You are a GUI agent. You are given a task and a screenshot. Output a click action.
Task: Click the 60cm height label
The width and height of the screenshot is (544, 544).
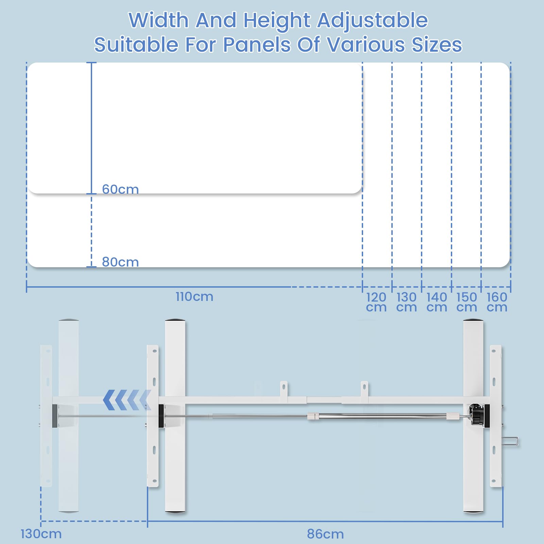pos(120,189)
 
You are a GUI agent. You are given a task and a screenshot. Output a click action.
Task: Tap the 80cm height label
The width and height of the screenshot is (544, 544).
pos(120,262)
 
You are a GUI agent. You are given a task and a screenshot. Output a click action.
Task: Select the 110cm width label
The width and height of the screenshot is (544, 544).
pos(194,296)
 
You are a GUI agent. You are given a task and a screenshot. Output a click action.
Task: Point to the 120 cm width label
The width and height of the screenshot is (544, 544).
pos(376,302)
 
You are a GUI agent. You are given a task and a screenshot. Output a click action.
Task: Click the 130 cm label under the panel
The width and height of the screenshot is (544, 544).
pos(406,302)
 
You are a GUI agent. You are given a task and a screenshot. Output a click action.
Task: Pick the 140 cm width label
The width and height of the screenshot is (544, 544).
pos(437,302)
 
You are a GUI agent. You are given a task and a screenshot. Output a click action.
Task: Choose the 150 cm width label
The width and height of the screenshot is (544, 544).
pos(466,302)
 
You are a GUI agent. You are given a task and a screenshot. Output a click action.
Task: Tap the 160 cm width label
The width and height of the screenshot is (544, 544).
pos(497,302)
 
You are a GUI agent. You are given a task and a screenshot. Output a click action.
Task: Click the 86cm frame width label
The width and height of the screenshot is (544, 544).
pos(325,534)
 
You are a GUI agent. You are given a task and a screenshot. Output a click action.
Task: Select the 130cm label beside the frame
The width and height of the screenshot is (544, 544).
pos(41,534)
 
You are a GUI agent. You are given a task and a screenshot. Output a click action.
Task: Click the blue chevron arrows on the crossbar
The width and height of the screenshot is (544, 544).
pos(127,400)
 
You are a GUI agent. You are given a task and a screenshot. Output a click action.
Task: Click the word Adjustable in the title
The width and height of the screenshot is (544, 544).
pos(372,21)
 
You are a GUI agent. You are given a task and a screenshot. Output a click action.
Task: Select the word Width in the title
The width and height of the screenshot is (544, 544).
pos(159,20)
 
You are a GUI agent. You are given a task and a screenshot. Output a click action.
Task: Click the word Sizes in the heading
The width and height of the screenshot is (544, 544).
pos(437,45)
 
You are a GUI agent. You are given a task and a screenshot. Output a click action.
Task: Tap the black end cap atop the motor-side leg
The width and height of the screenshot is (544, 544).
pos(473,320)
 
